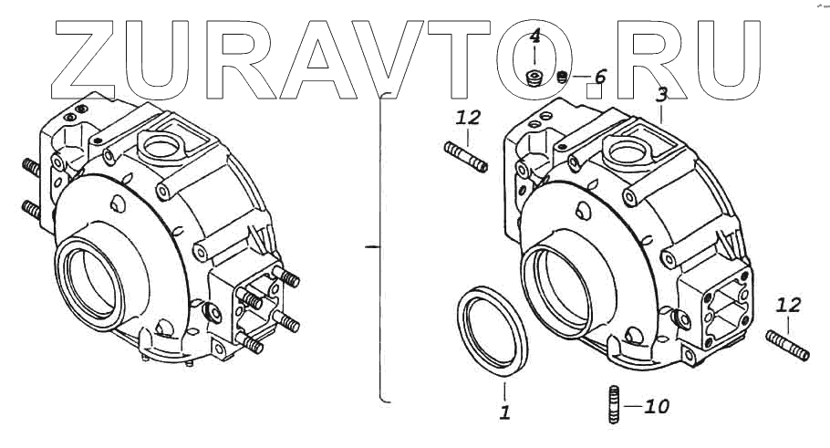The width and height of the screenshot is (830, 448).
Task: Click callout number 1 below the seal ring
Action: pos(504,412)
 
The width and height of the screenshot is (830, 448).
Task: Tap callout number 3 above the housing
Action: pos(662,94)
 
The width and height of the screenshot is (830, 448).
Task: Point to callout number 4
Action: pos(535,37)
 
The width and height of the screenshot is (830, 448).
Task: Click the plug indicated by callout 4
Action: pos(536,77)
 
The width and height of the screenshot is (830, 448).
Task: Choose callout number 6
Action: pos(599,77)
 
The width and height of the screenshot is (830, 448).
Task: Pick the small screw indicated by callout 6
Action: pos(563,78)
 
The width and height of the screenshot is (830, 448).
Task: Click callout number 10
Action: pos(656,406)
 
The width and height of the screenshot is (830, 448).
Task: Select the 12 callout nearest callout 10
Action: pos(789,305)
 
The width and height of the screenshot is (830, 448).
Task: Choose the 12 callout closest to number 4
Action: pos(468,118)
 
